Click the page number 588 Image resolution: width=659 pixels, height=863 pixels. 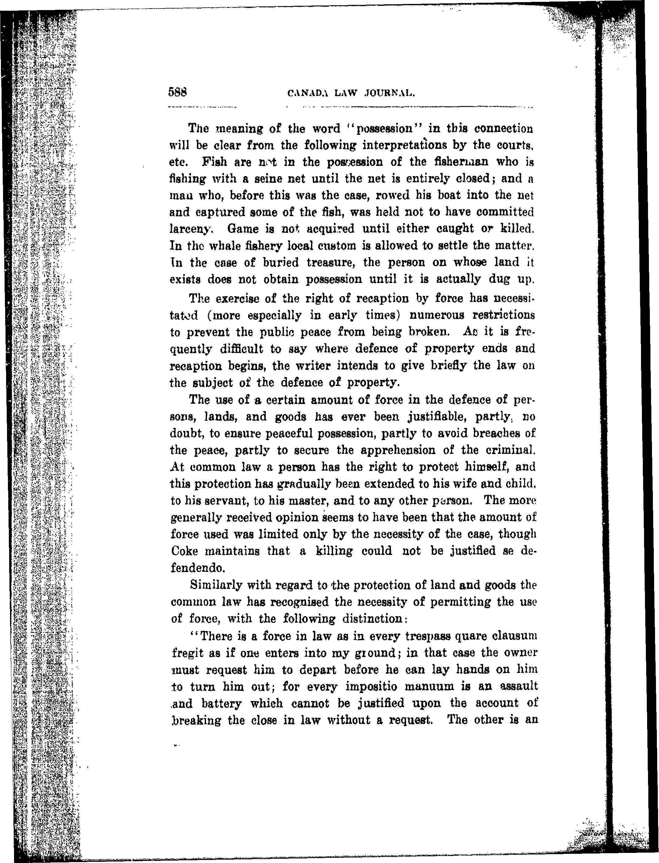pos(179,92)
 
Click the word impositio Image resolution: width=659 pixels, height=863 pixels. pos(372,687)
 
